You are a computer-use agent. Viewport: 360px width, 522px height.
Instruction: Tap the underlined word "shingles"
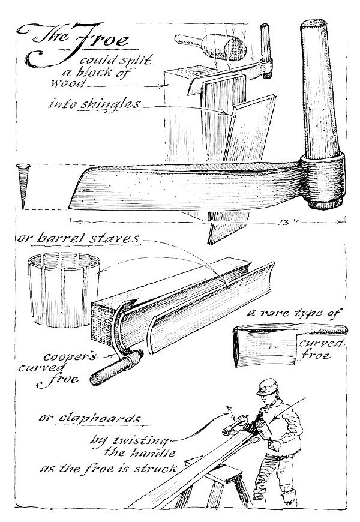pyautogui.click(x=116, y=104)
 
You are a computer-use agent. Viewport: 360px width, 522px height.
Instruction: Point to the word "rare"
pyautogui.click(x=283, y=313)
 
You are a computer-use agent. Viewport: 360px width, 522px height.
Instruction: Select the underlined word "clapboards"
pyautogui.click(x=97, y=418)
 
